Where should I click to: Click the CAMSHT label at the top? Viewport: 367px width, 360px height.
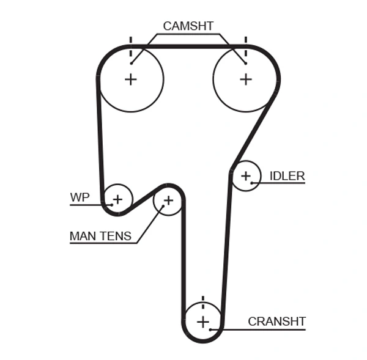pos(188,26)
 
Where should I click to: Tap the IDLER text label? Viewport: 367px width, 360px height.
pos(287,176)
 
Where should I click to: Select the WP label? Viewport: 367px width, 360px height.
pos(80,197)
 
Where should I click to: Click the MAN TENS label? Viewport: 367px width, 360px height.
pos(100,236)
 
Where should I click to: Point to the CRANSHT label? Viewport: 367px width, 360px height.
pos(276,321)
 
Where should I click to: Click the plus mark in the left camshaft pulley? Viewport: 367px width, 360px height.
pos(130,79)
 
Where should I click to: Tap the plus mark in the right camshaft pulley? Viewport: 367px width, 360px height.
pos(245,79)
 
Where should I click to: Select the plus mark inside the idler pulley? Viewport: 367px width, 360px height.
pos(245,176)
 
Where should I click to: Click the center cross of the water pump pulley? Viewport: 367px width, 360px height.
pos(117,199)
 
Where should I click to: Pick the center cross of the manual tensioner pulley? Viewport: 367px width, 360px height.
pos(168,200)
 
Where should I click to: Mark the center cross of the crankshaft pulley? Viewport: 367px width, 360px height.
pos(203,321)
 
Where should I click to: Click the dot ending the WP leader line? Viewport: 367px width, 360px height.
pos(112,205)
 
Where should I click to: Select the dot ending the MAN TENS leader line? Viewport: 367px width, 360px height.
pos(163,207)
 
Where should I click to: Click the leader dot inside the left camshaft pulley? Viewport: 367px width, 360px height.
pos(131,63)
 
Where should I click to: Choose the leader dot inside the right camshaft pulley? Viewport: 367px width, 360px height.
pos(245,63)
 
